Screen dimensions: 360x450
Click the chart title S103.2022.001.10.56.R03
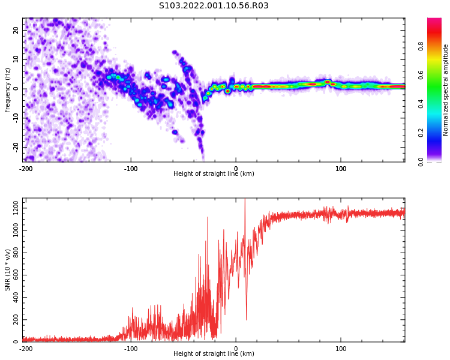[214, 5]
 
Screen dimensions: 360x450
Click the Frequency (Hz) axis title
[8, 89]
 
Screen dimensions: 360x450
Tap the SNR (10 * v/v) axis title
[8, 270]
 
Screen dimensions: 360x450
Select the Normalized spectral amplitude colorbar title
[446, 89]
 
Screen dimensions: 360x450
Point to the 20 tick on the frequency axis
[16, 30]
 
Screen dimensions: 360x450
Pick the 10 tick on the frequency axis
[16, 59]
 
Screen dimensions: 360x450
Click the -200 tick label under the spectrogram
[26, 169]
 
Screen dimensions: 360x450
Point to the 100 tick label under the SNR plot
[341, 349]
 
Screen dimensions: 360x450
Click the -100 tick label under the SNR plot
[131, 349]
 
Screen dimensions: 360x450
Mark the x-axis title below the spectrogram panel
[214, 174]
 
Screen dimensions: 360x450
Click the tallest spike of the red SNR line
[245, 200]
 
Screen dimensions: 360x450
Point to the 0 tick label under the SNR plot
[236, 349]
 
